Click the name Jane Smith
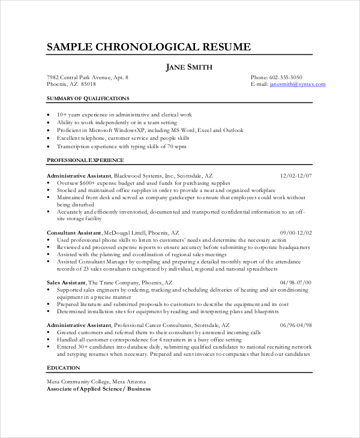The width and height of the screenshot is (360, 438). (x=189, y=67)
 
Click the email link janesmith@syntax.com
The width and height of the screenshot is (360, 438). (x=298, y=85)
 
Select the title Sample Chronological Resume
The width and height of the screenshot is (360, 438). (x=149, y=47)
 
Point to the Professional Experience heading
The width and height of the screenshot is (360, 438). (x=85, y=160)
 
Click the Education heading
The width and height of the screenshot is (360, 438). (x=62, y=367)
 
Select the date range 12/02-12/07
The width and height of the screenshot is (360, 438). (x=296, y=175)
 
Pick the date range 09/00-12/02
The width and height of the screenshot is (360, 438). (x=296, y=232)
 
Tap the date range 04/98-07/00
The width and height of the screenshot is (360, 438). (x=296, y=282)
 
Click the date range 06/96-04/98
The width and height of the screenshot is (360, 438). (x=296, y=325)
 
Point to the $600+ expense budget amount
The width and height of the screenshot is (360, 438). (x=88, y=182)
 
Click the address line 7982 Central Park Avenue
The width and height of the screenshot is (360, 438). (x=87, y=77)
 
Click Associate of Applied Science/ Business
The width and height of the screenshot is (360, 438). (x=99, y=389)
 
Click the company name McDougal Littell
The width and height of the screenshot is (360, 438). (x=128, y=232)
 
